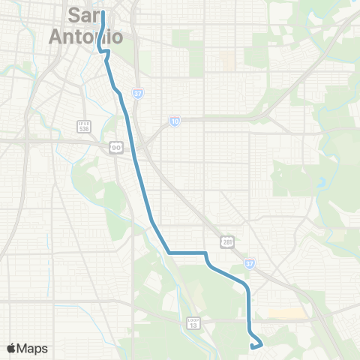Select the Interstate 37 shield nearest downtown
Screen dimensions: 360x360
click(138, 94)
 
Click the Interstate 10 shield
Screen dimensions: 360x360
click(174, 121)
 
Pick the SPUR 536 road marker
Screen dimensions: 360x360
click(83, 126)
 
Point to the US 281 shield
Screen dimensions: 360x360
click(227, 241)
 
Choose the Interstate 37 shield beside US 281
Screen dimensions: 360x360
click(250, 265)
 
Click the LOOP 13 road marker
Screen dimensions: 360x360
click(193, 322)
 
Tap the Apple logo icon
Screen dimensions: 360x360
click(11, 348)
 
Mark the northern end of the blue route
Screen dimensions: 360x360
click(101, 11)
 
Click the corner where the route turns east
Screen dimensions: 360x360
click(169, 253)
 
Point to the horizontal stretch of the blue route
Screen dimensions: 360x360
click(187, 253)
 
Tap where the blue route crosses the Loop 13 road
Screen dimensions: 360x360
click(248, 320)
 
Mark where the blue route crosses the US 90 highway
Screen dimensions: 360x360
click(132, 143)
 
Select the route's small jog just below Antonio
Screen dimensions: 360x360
click(106, 52)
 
